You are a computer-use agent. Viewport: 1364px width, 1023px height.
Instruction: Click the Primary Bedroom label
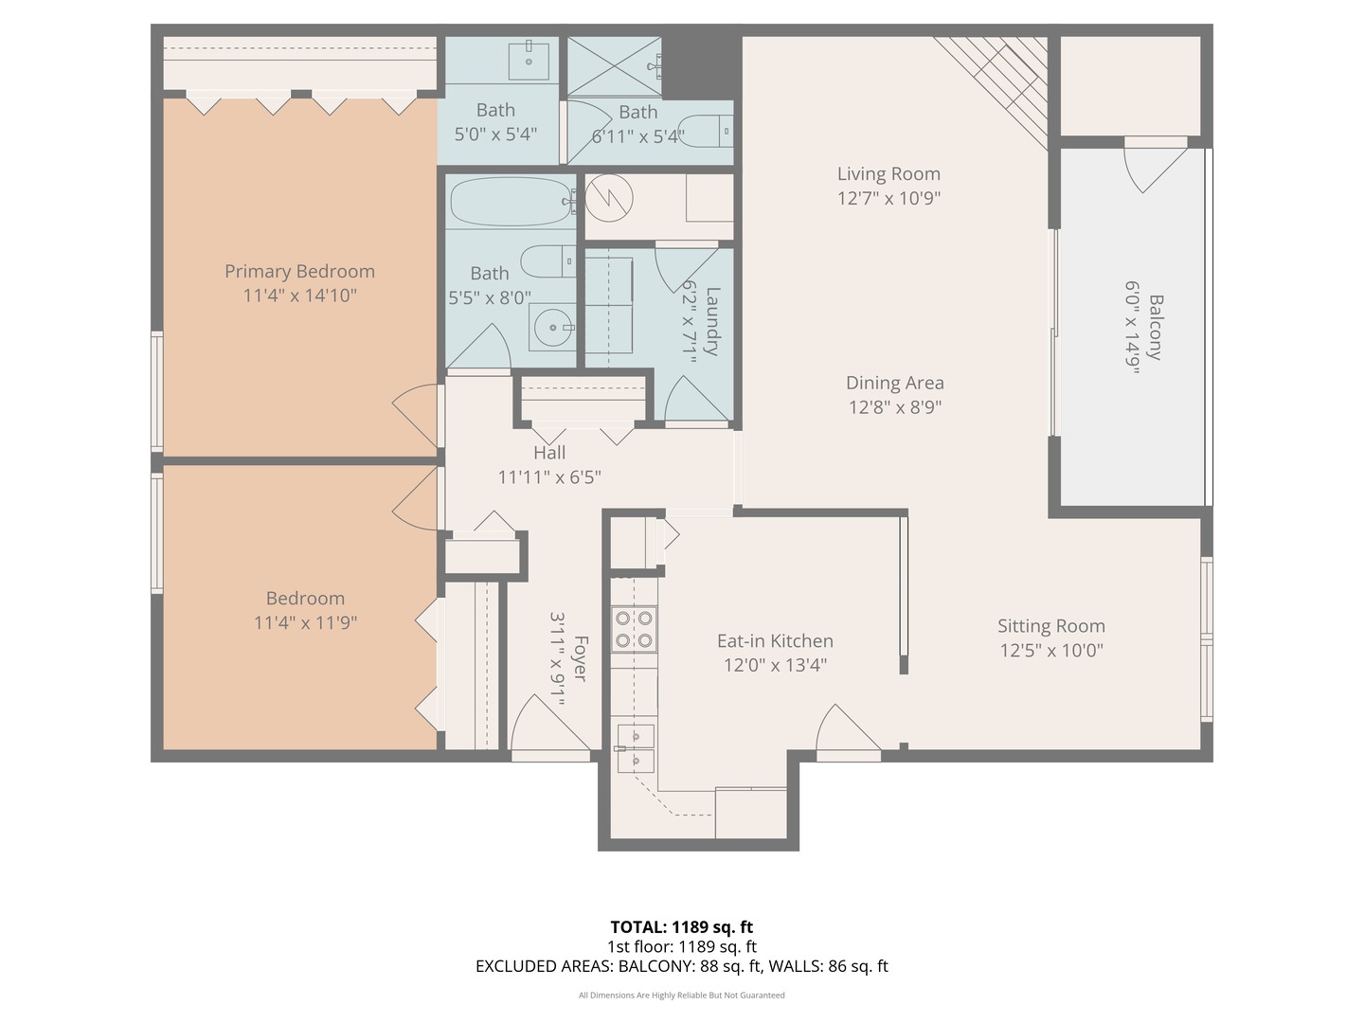click(x=299, y=272)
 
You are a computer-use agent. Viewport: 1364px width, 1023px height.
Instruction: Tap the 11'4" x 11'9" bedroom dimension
click(x=305, y=623)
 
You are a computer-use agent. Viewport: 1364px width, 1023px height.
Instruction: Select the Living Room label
click(x=888, y=174)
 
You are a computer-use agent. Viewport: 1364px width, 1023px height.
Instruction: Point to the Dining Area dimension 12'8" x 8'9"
click(x=894, y=407)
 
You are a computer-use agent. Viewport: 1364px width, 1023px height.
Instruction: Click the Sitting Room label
click(x=1050, y=626)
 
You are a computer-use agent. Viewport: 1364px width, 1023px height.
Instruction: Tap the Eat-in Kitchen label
click(x=775, y=641)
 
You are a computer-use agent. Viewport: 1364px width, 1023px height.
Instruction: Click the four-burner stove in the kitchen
click(x=634, y=629)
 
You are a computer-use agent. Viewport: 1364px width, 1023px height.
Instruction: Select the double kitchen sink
click(x=635, y=747)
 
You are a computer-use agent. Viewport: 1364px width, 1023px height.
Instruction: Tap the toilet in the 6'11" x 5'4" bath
click(x=707, y=131)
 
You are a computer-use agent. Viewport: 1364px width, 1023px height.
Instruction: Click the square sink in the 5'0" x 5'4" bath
click(x=529, y=61)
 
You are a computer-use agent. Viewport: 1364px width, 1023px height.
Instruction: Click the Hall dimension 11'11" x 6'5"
click(x=549, y=477)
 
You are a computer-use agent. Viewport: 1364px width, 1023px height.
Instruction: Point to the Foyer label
click(x=579, y=658)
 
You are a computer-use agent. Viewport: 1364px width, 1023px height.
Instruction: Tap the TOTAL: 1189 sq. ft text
click(x=681, y=927)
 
